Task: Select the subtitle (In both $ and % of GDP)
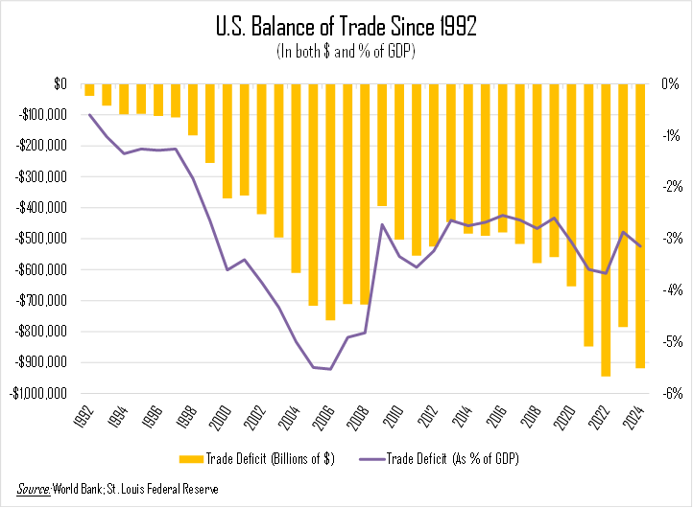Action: click(x=346, y=51)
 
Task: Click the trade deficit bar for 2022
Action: click(x=606, y=230)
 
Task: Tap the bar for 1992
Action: click(x=89, y=90)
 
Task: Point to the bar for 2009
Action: click(x=382, y=145)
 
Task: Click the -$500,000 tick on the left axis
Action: click(x=39, y=239)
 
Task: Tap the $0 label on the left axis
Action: click(x=60, y=84)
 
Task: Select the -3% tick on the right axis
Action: click(x=670, y=239)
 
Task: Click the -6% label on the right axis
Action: click(x=670, y=393)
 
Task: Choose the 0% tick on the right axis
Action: click(x=671, y=84)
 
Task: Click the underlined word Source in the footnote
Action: click(x=36, y=490)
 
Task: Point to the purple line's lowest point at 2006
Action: click(x=330, y=369)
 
